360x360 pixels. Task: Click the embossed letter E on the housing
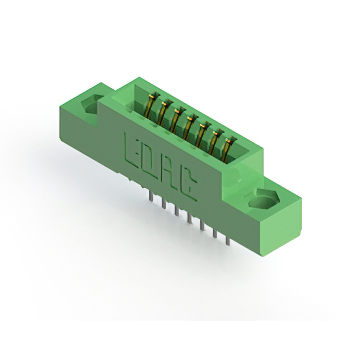click(131, 150)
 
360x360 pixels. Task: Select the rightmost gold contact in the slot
click(228, 150)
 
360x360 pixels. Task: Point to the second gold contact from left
click(164, 112)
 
